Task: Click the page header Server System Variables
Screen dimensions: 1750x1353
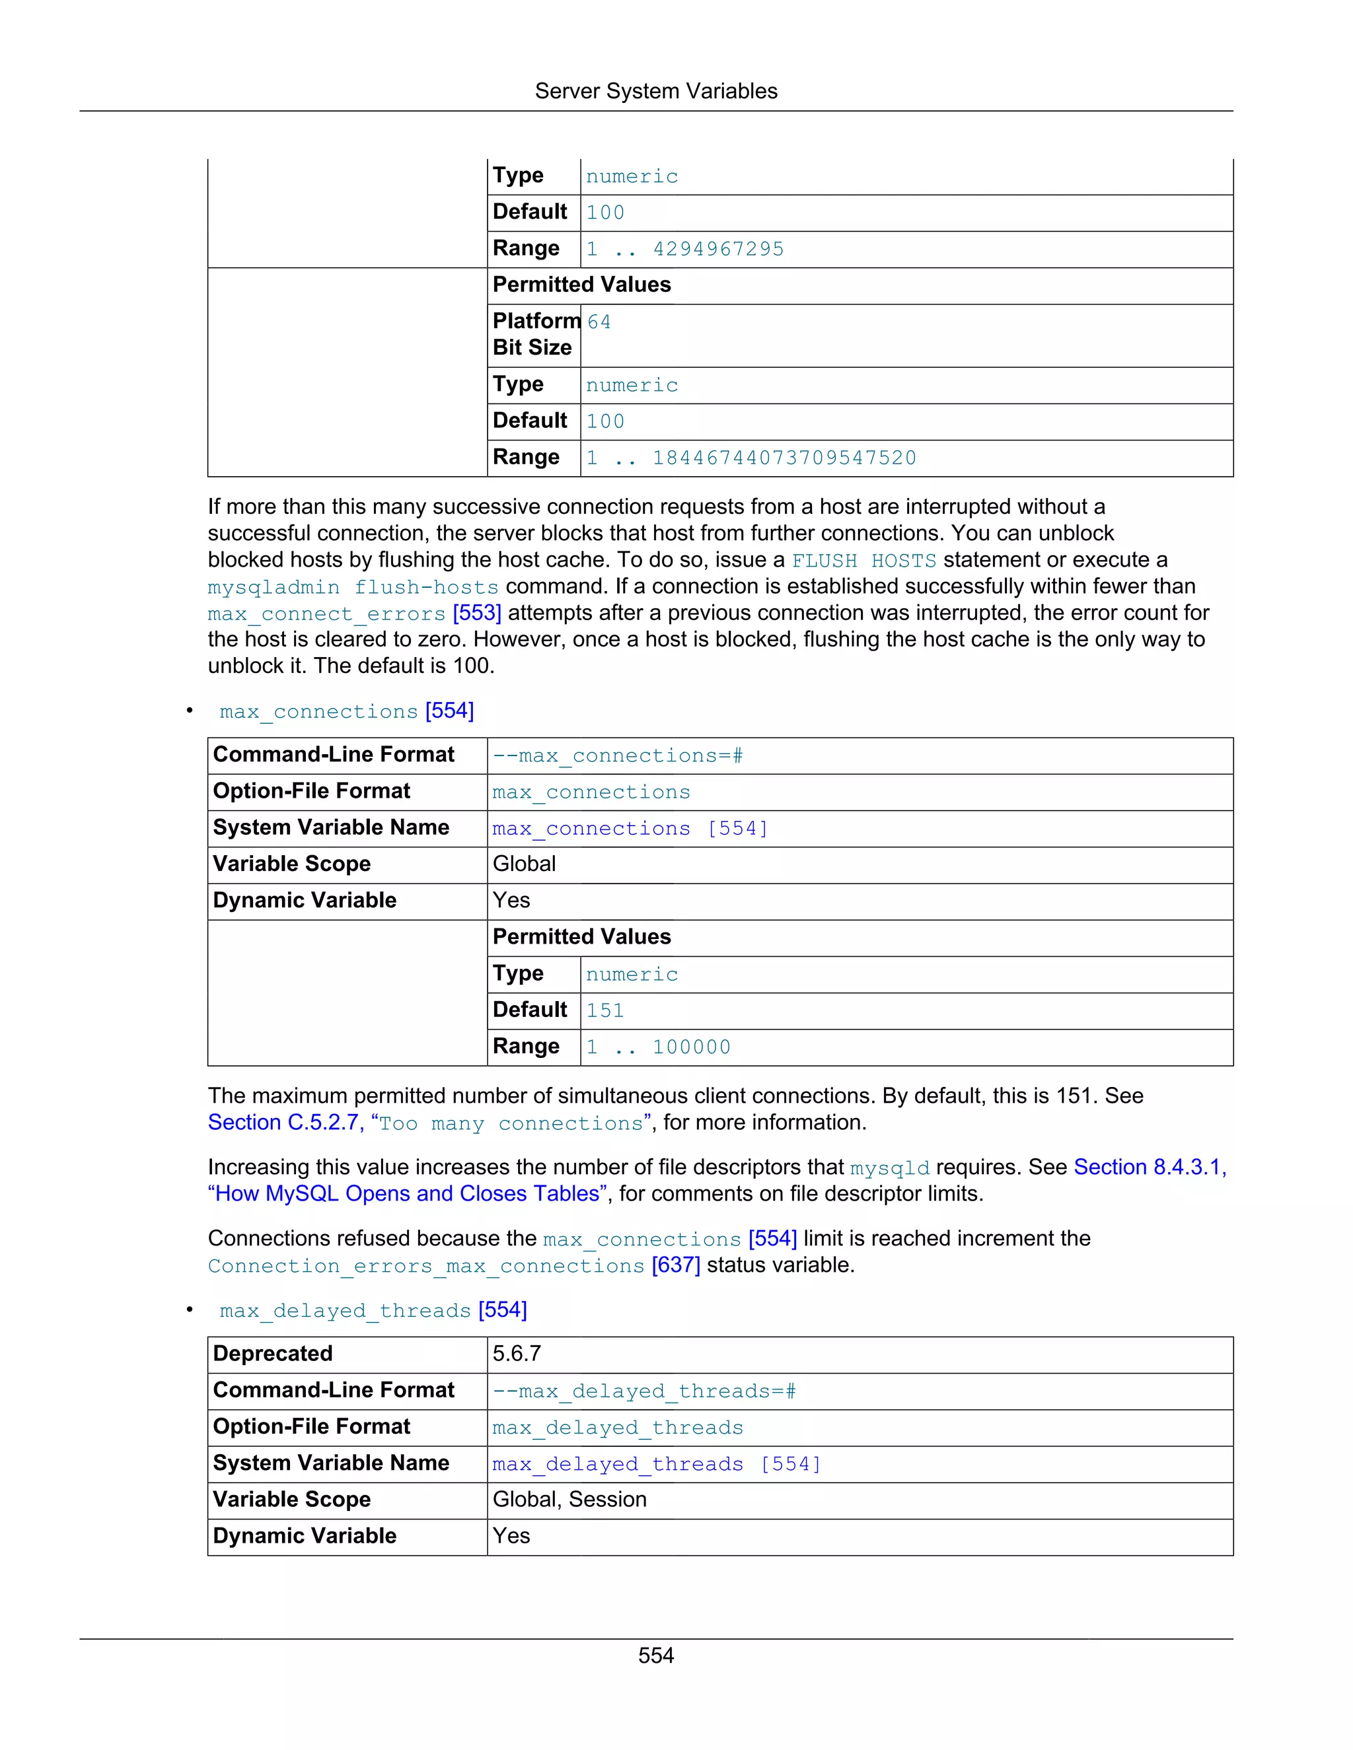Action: pyautogui.click(x=655, y=91)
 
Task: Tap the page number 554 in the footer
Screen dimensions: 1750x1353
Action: pyautogui.click(x=655, y=1656)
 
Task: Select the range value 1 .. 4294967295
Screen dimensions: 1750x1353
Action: pyautogui.click(x=684, y=249)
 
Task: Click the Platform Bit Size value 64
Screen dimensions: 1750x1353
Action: pyautogui.click(x=599, y=322)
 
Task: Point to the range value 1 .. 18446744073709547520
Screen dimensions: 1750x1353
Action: pyautogui.click(x=751, y=458)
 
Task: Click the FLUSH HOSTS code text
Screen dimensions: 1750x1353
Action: pyautogui.click(x=863, y=561)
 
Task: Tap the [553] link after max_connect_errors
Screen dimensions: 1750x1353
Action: pyautogui.click(x=477, y=613)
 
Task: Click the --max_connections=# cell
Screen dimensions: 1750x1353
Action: pyautogui.click(x=617, y=755)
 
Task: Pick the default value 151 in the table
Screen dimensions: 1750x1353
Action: pyautogui.click(x=604, y=1011)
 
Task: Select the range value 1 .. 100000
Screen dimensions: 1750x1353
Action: pyautogui.click(x=658, y=1047)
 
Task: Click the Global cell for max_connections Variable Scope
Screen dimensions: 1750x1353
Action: pyautogui.click(x=524, y=864)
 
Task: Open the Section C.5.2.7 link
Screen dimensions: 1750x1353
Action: pyautogui.click(x=285, y=1123)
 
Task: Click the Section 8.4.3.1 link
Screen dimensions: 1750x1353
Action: pyautogui.click(x=1150, y=1168)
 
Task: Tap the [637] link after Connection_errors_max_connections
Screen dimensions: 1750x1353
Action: pyautogui.click(x=676, y=1265)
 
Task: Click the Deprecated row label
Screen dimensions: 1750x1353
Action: pyautogui.click(x=273, y=1354)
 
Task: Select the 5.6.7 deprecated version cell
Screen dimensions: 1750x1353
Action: pyautogui.click(x=517, y=1354)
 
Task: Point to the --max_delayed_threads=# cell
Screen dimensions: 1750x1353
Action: pyautogui.click(x=643, y=1391)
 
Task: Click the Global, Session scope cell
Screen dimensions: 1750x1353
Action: pyautogui.click(x=569, y=1500)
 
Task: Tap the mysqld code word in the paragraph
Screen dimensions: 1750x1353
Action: pyautogui.click(x=890, y=1168)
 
